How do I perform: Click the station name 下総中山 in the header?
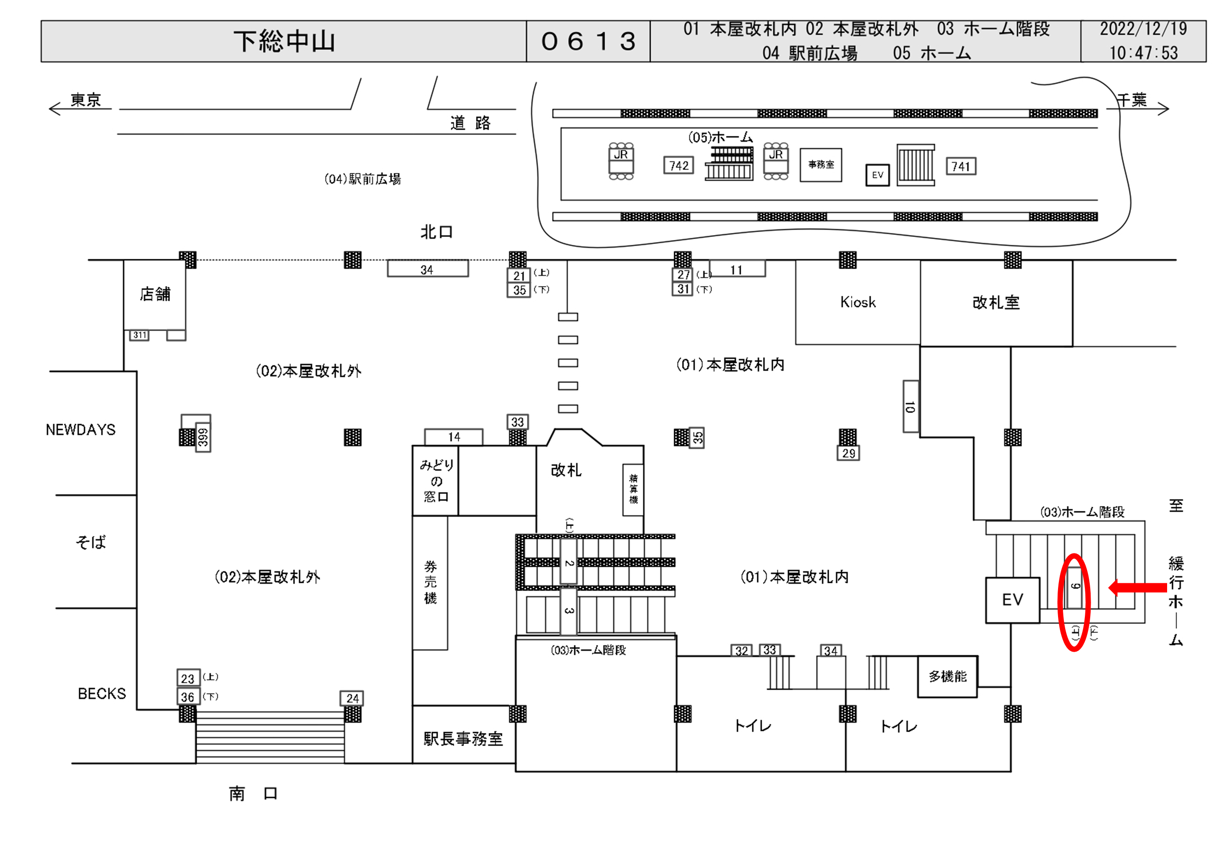point(284,41)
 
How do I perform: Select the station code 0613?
point(588,41)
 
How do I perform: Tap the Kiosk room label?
point(858,303)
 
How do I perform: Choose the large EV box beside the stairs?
point(1012,600)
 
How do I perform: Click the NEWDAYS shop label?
point(81,430)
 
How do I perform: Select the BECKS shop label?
point(101,694)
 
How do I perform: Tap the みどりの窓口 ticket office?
point(435,480)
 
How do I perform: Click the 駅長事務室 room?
point(464,739)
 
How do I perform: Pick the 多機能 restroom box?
point(947,677)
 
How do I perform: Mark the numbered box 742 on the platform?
point(679,166)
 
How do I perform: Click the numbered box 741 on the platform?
point(960,167)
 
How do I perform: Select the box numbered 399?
point(203,437)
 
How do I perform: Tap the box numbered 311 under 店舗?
point(139,335)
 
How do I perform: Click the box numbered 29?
point(848,453)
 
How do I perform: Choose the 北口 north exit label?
point(436,232)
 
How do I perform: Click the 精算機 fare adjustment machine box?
point(633,489)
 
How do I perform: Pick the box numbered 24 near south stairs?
point(352,698)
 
